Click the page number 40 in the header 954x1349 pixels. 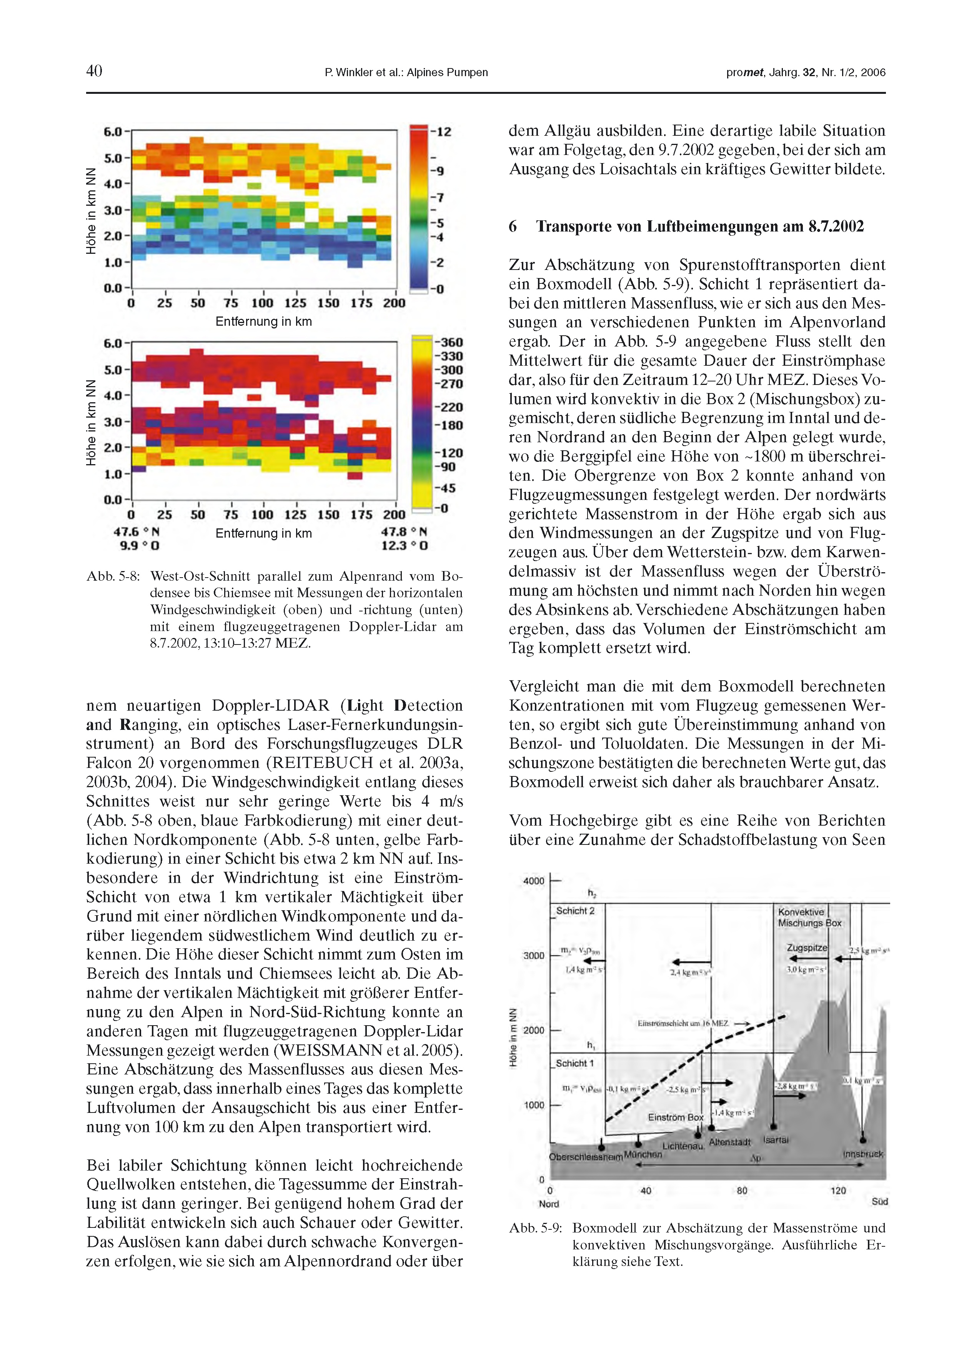click(94, 71)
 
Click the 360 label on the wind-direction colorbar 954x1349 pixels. click(449, 342)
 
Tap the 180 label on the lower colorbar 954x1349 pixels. click(449, 425)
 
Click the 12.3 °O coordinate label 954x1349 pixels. click(405, 545)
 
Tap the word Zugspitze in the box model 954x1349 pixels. click(807, 948)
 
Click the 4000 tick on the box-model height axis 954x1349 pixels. click(533, 881)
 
